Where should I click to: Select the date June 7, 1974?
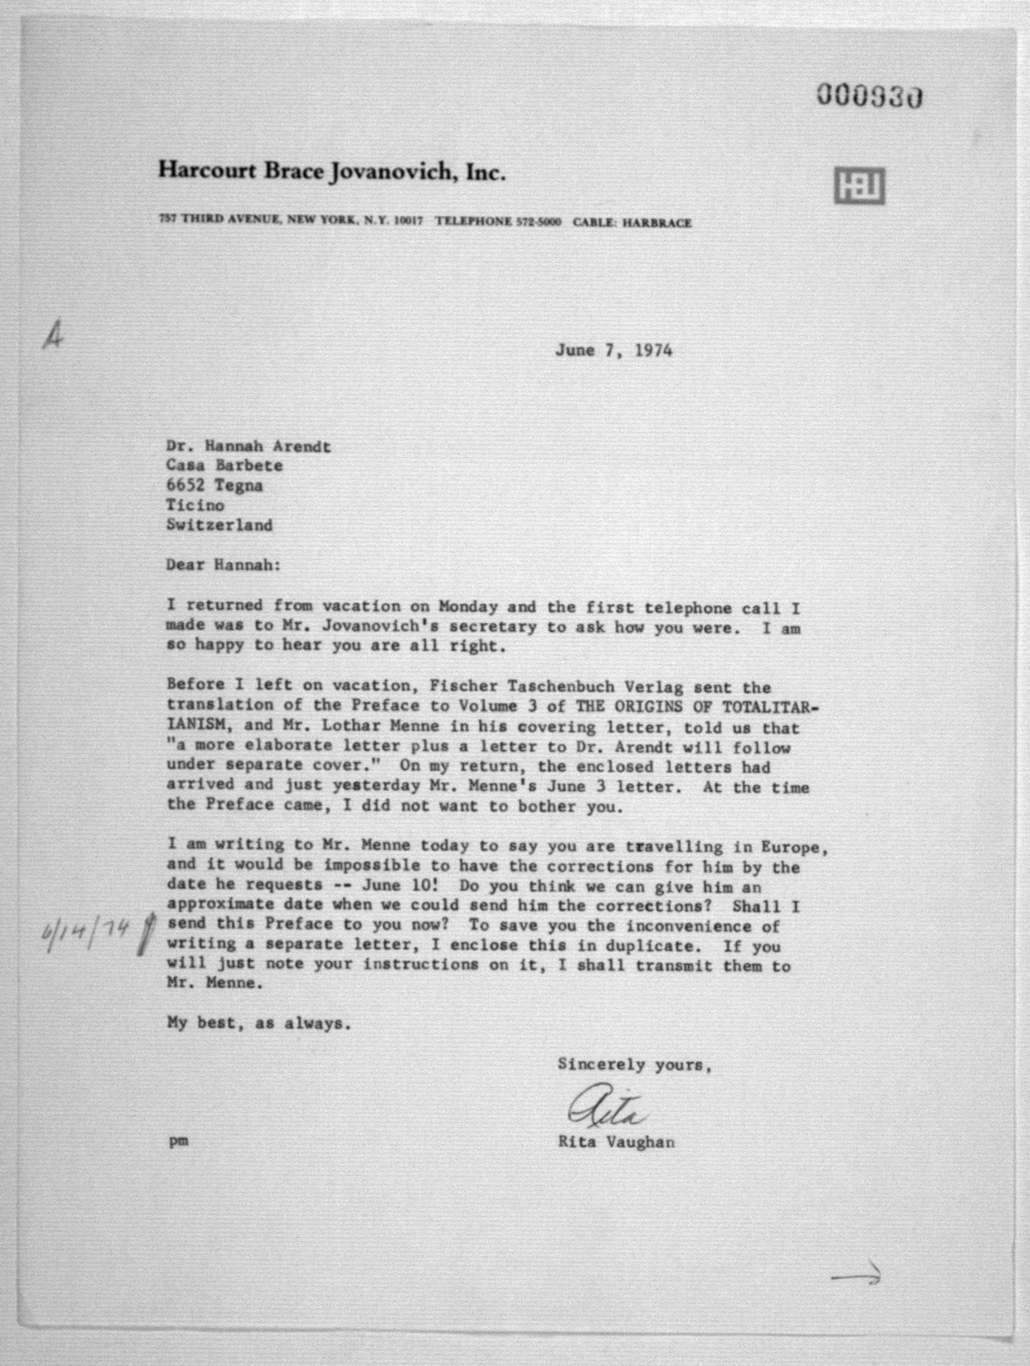point(613,351)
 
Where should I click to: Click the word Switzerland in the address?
point(219,525)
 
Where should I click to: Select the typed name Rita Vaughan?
point(616,1142)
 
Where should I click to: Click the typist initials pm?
point(179,1142)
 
